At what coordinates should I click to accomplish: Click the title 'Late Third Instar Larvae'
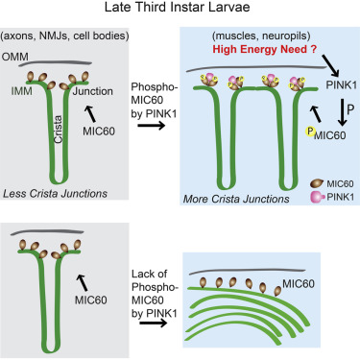click(x=177, y=8)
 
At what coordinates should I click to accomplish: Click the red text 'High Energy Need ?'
click(x=265, y=49)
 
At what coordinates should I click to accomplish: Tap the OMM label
click(x=14, y=57)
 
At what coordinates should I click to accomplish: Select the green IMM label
click(x=21, y=91)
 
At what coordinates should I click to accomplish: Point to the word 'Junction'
click(x=93, y=91)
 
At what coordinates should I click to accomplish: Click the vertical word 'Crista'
click(x=58, y=129)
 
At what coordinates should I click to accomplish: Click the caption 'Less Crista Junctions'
click(x=55, y=194)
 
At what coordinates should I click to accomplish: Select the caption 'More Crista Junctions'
click(x=236, y=199)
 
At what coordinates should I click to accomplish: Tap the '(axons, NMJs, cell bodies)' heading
click(x=65, y=36)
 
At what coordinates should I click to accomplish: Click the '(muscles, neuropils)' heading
click(x=261, y=36)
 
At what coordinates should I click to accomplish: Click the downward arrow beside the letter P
click(x=343, y=112)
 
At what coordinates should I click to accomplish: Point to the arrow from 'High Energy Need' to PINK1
click(x=330, y=65)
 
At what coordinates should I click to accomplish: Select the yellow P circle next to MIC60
click(x=310, y=132)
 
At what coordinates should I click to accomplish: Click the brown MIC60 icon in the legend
click(x=317, y=183)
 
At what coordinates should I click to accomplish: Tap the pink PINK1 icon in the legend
click(x=318, y=197)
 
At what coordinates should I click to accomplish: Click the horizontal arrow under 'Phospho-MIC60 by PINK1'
click(x=151, y=125)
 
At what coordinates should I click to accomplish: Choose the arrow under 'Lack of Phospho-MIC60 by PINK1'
click(x=154, y=323)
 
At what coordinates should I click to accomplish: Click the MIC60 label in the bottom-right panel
click(x=299, y=283)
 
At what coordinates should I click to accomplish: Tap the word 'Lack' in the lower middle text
click(x=143, y=275)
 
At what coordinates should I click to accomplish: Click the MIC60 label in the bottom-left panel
click(x=91, y=300)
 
